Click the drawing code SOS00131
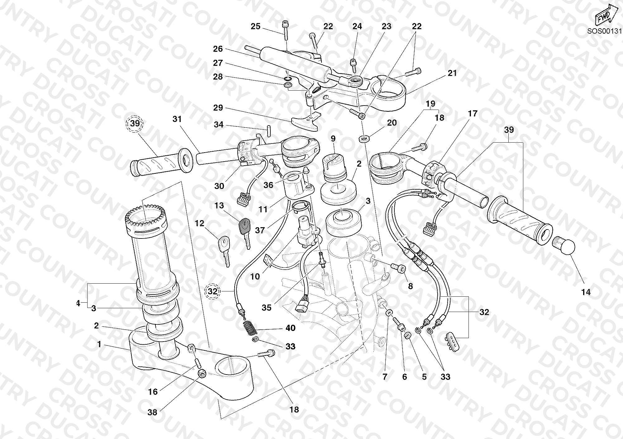click(x=605, y=31)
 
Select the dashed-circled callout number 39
click(x=135, y=123)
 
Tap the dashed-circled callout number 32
click(x=212, y=291)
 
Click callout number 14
click(x=586, y=292)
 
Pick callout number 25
click(x=255, y=26)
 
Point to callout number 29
click(x=218, y=108)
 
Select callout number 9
click(x=333, y=138)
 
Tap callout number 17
click(x=473, y=113)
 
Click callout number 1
click(x=99, y=344)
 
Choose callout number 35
click(x=266, y=308)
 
